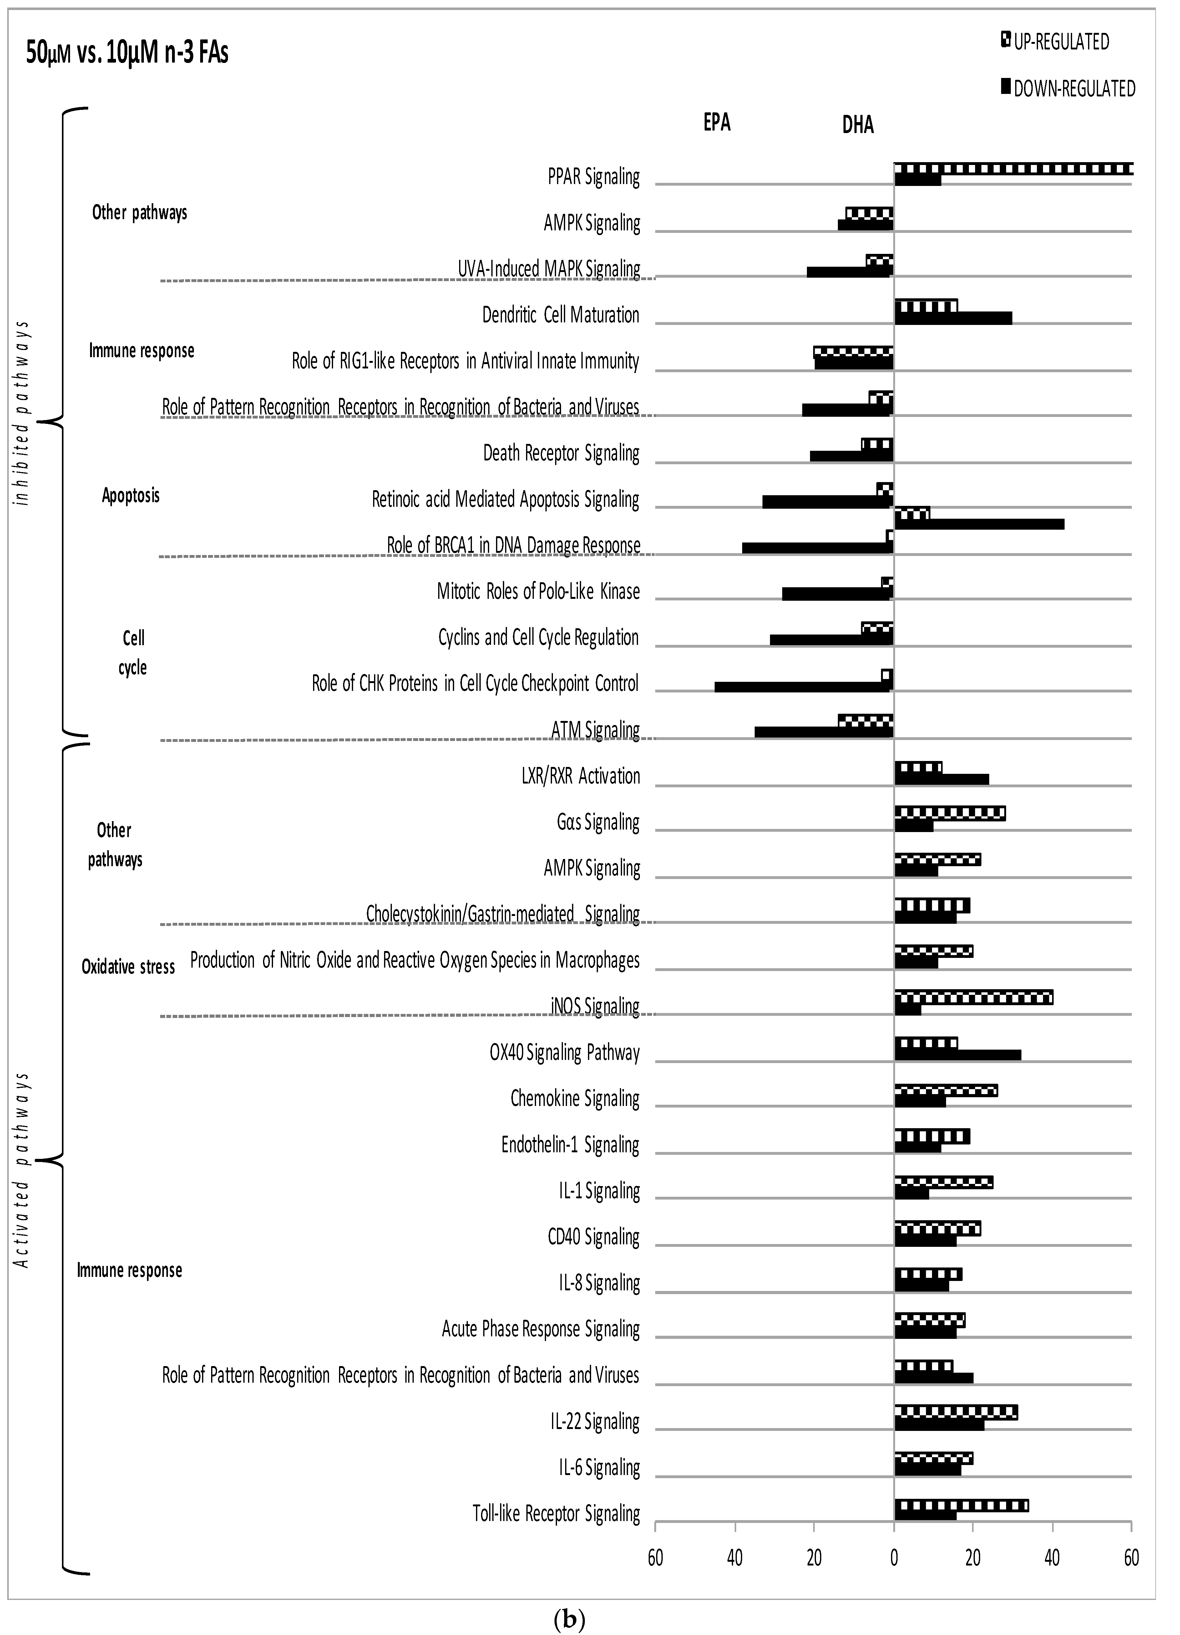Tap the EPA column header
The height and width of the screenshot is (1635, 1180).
pos(717,122)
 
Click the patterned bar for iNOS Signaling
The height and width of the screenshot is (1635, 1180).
pos(973,998)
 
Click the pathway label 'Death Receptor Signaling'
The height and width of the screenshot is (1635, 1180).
pos(561,454)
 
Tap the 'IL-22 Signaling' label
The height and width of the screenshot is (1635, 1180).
pos(595,1422)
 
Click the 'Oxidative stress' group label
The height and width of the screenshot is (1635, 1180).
pos(128,967)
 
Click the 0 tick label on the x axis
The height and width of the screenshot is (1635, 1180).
pos(893,1558)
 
